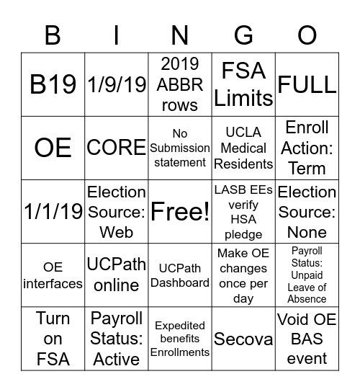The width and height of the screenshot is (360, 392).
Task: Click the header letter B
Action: click(53, 35)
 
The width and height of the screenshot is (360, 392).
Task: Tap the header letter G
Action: click(243, 35)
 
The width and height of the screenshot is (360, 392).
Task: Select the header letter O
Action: click(307, 35)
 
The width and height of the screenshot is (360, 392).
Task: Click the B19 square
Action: click(53, 84)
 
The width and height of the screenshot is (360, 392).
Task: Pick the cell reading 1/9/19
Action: click(116, 84)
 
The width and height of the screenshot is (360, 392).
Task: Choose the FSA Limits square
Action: click(243, 84)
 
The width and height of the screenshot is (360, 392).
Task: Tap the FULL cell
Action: click(307, 84)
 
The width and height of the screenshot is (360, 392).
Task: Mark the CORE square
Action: click(116, 148)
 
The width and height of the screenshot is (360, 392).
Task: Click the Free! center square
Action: click(180, 212)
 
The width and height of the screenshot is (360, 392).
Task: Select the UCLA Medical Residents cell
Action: click(243, 148)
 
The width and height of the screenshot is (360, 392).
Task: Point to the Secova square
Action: click(243, 339)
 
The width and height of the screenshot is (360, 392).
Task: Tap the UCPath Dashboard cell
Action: click(180, 275)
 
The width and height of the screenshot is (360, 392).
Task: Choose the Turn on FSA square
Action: click(53, 339)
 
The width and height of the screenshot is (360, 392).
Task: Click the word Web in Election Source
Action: click(116, 232)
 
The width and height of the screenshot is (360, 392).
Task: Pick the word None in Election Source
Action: click(307, 232)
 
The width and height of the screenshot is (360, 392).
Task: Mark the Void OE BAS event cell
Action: click(307, 339)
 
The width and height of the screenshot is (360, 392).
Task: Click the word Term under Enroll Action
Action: click(307, 169)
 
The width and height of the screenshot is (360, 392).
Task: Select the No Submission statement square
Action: click(180, 148)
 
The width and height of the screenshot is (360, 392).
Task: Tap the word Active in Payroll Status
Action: click(116, 359)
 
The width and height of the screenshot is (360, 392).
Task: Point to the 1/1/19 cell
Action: click(53, 212)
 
